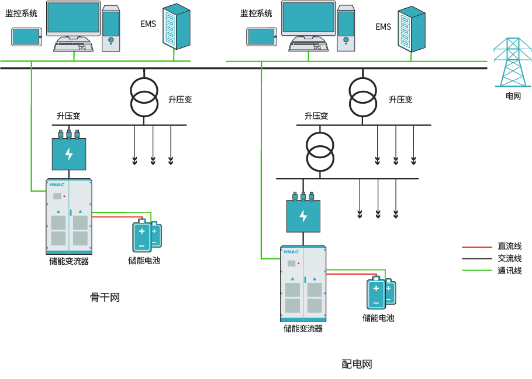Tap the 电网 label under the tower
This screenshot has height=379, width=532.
pyautogui.click(x=513, y=96)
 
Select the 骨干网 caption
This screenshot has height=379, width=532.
pyautogui.click(x=105, y=298)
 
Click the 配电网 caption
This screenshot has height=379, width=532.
pyautogui.click(x=357, y=364)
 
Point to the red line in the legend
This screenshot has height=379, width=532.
pyautogui.click(x=476, y=247)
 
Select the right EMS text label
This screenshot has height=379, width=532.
pyautogui.click(x=383, y=27)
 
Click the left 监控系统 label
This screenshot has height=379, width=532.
pyautogui.click(x=21, y=13)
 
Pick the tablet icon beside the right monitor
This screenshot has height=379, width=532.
pyautogui.click(x=261, y=36)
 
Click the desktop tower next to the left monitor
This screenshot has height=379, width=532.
pyautogui.click(x=110, y=28)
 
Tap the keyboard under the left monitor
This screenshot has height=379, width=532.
pyautogui.click(x=73, y=45)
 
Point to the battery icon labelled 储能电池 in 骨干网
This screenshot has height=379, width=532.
pyautogui.click(x=146, y=235)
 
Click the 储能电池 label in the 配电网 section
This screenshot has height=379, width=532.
pyautogui.click(x=378, y=318)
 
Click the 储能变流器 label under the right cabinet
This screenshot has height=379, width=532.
pyautogui.click(x=303, y=329)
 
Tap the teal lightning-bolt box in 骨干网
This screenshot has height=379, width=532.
pyautogui.click(x=69, y=154)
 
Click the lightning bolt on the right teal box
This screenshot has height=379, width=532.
pyautogui.click(x=303, y=216)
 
